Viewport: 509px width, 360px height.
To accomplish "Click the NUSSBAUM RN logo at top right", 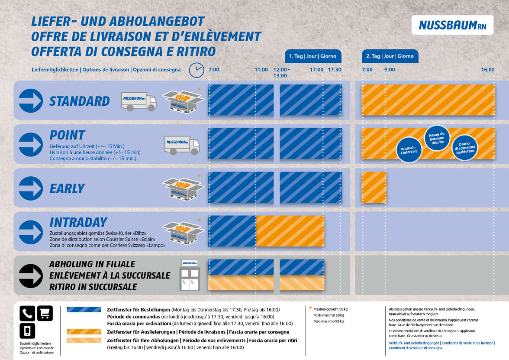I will coord(452,25).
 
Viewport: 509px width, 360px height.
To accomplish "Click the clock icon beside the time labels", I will coord(196,69).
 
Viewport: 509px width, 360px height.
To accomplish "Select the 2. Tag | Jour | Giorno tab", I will coord(390,56).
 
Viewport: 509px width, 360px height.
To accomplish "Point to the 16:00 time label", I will coord(487,70).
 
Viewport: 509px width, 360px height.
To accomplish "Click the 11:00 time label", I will coord(261,70).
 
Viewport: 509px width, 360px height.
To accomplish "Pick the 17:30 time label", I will coord(334,70).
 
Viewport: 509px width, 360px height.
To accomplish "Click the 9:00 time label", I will coord(390,70).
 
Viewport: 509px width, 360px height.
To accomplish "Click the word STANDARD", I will coord(80,101).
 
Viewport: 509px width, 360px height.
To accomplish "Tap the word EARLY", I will coord(67,188).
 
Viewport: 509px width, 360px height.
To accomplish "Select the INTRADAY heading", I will coord(78,222).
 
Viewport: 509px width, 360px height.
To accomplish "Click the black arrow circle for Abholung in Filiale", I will coord(31,276).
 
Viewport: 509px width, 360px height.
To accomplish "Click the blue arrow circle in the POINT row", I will coord(31,145).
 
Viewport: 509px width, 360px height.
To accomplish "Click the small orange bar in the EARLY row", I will coord(374,187).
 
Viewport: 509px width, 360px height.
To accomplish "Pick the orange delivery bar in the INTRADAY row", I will coord(290,231).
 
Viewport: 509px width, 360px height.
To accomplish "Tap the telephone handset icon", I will coord(27,313).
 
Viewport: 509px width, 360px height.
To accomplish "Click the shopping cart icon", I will coord(45,313).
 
